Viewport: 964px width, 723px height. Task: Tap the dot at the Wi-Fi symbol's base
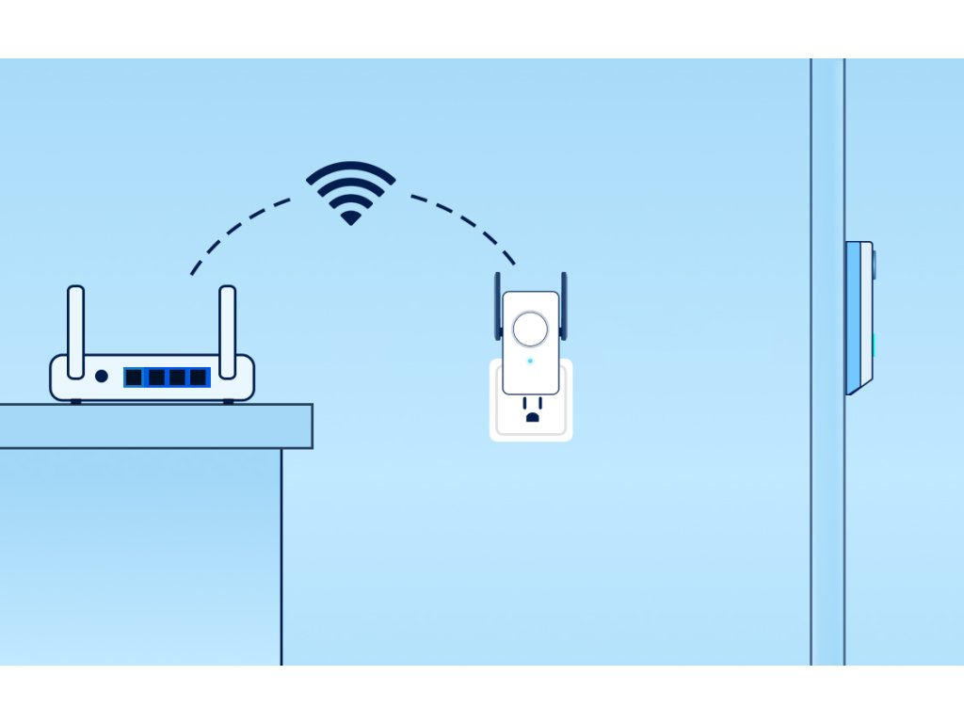coord(350,218)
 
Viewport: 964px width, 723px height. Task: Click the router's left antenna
coord(75,319)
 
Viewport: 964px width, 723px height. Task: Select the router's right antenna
coord(227,319)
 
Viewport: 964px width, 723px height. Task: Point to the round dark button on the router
coord(102,377)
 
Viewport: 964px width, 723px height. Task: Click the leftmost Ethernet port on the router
coord(134,378)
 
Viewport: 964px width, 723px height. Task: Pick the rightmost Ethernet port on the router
coord(198,378)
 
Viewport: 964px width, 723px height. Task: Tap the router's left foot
coord(76,401)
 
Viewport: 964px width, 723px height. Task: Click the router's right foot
coord(228,401)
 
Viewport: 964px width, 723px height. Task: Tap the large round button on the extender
coord(530,329)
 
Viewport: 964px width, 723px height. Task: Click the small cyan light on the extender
coord(530,361)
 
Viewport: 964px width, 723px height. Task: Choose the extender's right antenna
coord(564,305)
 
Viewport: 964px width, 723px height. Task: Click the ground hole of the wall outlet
coord(532,415)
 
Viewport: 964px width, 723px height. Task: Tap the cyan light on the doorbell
coord(875,345)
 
